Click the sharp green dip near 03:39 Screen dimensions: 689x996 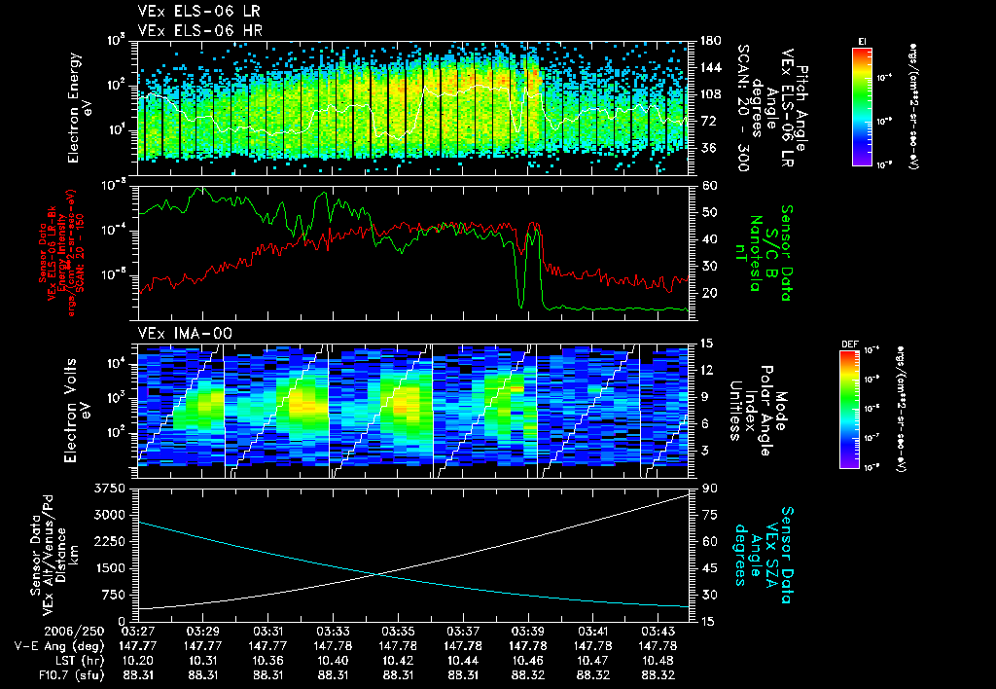pyautogui.click(x=521, y=306)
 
